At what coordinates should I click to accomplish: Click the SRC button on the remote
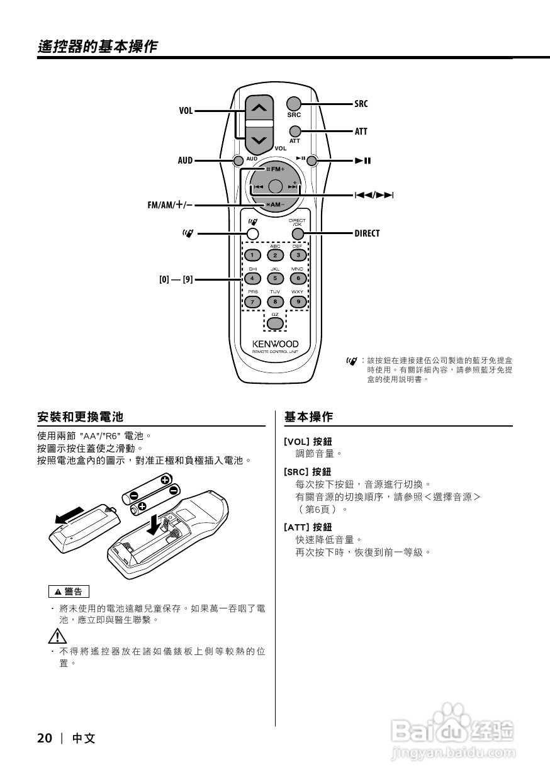point(293,103)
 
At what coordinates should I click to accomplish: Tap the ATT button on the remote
point(295,131)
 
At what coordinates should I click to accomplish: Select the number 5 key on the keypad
point(275,278)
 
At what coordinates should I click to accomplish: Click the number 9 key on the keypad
point(298,301)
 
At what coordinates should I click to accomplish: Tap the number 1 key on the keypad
point(252,255)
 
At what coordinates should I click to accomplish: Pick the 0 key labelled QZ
point(274,323)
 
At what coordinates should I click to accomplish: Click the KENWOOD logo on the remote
point(276,344)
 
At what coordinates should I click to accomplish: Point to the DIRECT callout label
point(367,233)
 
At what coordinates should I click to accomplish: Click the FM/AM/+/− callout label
point(170,205)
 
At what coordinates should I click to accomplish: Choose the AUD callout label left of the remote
point(185,161)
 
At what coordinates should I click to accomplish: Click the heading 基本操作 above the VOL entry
point(309,417)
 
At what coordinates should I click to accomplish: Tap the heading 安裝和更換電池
point(80,417)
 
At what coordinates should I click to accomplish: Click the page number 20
point(45,738)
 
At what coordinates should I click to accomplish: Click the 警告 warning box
point(69,591)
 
